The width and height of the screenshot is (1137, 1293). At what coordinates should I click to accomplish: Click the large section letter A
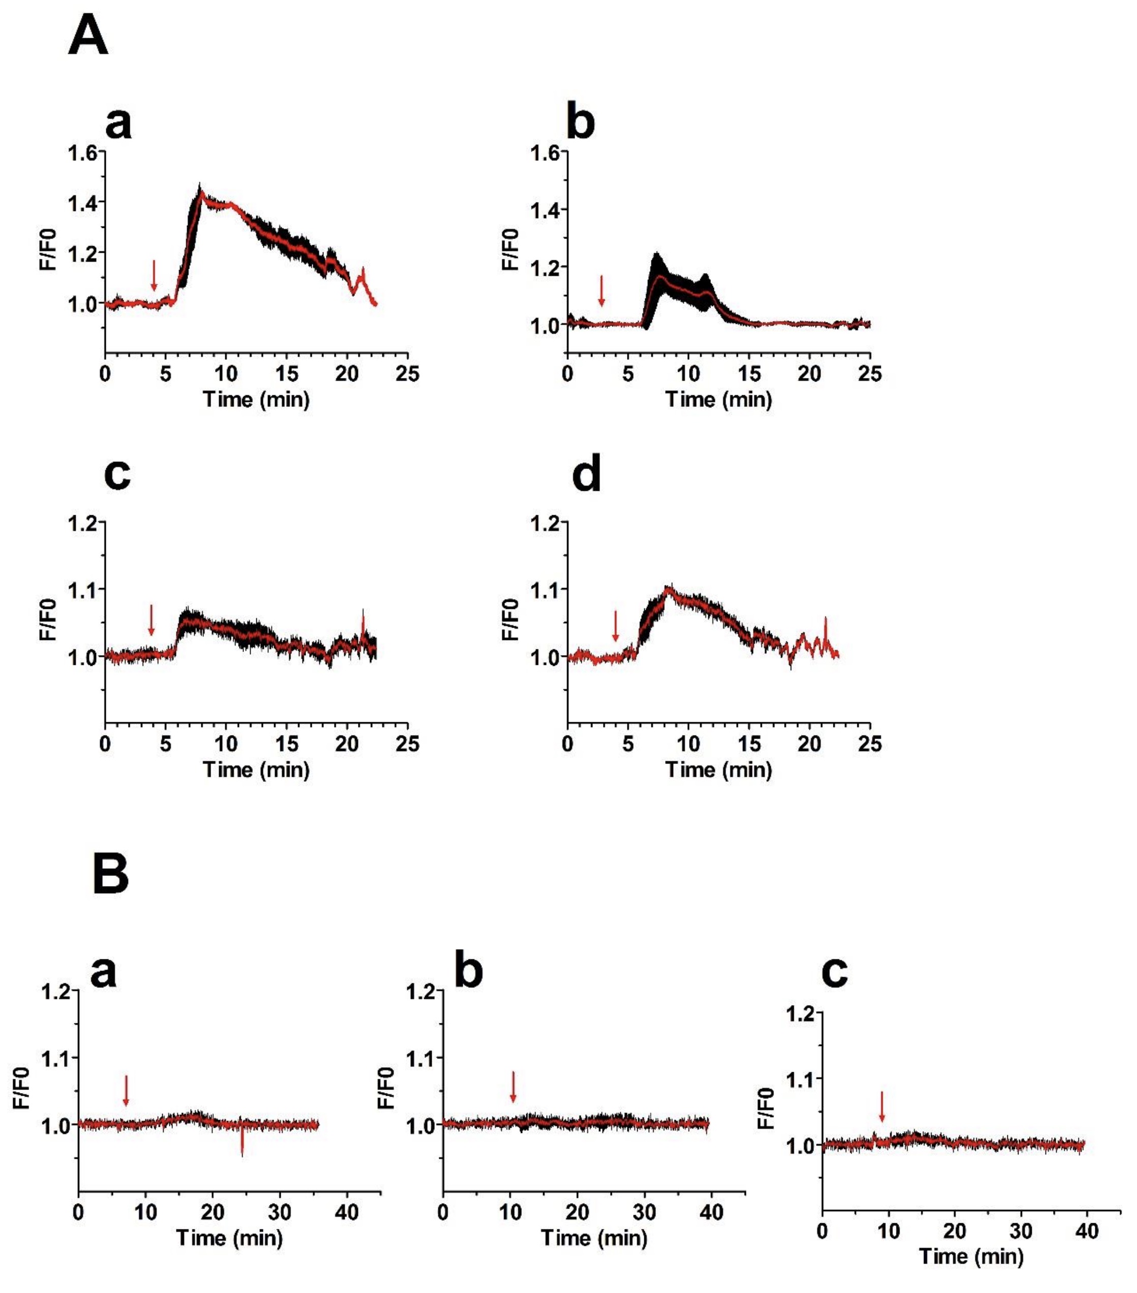[88, 36]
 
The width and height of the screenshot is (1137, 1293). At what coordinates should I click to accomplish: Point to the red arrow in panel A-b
[602, 290]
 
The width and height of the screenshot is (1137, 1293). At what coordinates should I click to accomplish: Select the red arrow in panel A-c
[151, 620]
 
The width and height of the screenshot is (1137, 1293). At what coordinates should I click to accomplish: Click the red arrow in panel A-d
[615, 626]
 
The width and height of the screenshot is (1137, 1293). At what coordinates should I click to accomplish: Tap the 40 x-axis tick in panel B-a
[346, 1212]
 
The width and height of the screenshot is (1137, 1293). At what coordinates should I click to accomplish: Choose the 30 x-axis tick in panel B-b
[644, 1212]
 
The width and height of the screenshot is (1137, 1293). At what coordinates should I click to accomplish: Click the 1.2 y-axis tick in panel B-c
[800, 1014]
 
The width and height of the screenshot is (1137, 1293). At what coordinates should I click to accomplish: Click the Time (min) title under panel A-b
[719, 399]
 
